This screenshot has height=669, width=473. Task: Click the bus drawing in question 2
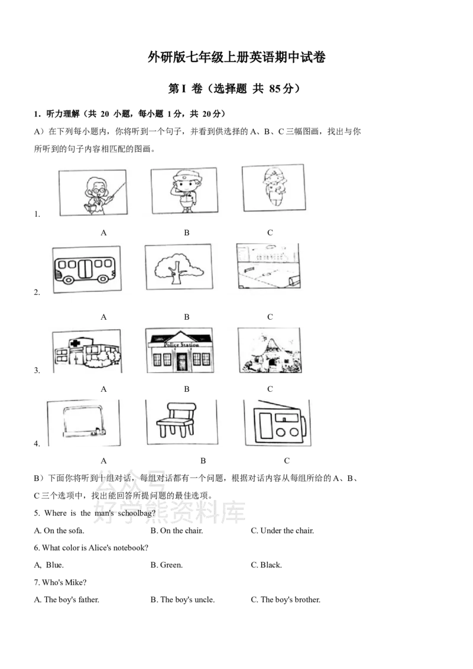(85, 270)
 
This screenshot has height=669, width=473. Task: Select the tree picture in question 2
(179, 268)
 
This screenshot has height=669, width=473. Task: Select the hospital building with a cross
(87, 352)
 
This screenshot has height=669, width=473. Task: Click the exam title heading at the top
(237, 57)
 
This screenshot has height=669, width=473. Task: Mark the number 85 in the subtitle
(275, 88)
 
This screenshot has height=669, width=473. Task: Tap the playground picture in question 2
(268, 266)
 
